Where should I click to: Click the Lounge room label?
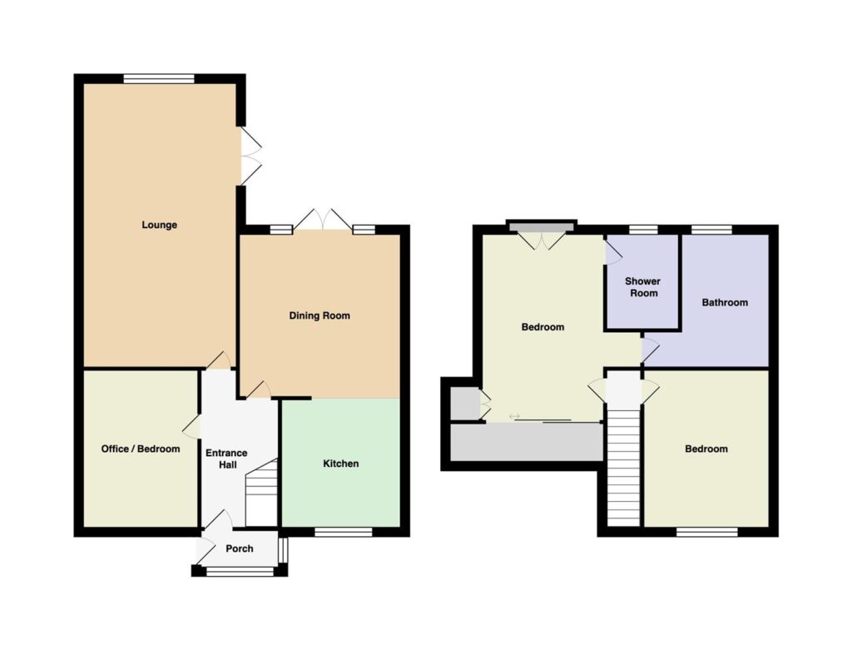[x=159, y=225]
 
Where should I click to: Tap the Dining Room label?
[x=319, y=315]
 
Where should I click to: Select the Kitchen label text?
[x=340, y=464]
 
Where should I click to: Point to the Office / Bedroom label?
[x=140, y=449]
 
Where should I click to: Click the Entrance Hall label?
[x=226, y=459]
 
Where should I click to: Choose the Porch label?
[x=240, y=549]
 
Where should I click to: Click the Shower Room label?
[x=643, y=287]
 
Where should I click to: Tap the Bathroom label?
[x=725, y=303]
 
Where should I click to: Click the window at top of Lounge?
[x=159, y=79]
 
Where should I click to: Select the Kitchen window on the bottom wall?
[x=344, y=532]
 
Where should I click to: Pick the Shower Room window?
[x=643, y=230]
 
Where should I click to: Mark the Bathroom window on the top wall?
[x=711, y=230]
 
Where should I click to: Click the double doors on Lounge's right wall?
[x=250, y=156]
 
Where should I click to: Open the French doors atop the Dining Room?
[x=324, y=220]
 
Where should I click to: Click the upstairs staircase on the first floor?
[x=624, y=468]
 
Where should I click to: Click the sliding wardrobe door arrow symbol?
[x=514, y=416]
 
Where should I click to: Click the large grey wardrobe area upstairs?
[x=527, y=443]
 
